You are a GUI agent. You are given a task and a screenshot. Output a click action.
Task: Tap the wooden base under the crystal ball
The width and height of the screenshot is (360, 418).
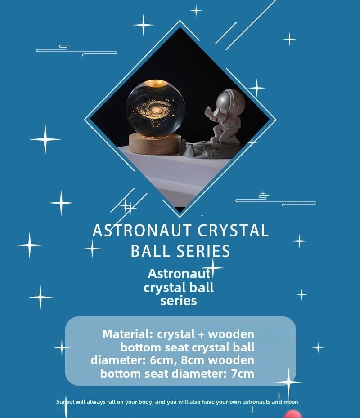155,144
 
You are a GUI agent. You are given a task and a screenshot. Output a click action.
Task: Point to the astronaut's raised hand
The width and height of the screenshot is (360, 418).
208,111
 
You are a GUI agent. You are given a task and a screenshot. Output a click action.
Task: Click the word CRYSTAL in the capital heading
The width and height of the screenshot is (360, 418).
233,230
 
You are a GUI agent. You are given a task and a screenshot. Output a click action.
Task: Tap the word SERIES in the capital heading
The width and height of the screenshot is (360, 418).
203,251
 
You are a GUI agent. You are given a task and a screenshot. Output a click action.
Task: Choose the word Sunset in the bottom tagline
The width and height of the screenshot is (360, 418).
65,401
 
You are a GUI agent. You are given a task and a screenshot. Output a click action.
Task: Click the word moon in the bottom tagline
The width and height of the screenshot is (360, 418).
291,402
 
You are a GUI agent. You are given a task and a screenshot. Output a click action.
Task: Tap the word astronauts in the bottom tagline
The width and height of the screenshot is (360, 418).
256,402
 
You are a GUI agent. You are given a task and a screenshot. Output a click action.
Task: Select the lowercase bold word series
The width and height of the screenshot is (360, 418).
179,301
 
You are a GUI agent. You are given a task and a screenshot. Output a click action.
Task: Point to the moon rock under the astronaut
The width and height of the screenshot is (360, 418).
211,150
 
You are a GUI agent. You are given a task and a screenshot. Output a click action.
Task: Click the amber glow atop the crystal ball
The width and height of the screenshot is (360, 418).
156,83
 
